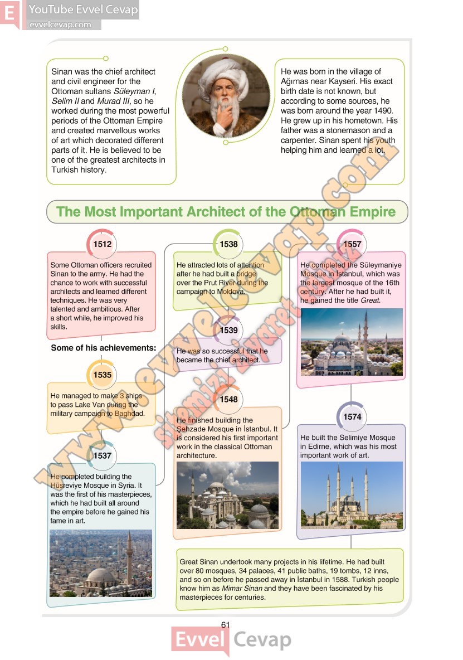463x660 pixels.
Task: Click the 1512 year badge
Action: click(103, 244)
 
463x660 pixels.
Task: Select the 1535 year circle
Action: click(103, 375)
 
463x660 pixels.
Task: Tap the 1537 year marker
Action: click(103, 455)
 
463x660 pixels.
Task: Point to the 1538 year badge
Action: click(228, 244)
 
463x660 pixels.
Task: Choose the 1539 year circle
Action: click(228, 330)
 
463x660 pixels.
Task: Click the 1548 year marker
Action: click(228, 399)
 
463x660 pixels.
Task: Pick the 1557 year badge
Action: click(352, 244)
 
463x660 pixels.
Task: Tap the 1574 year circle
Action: click(352, 416)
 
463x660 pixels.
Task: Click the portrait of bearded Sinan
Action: click(226, 98)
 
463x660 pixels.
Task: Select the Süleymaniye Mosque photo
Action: click(351, 342)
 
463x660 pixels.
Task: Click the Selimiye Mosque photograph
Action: click(351, 494)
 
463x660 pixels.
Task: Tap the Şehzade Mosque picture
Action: click(227, 494)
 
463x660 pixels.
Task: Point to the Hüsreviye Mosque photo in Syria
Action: click(101, 563)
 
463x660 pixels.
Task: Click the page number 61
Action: click(225, 625)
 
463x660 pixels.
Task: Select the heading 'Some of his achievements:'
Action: click(104, 348)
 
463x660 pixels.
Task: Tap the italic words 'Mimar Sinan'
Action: click(242, 588)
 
